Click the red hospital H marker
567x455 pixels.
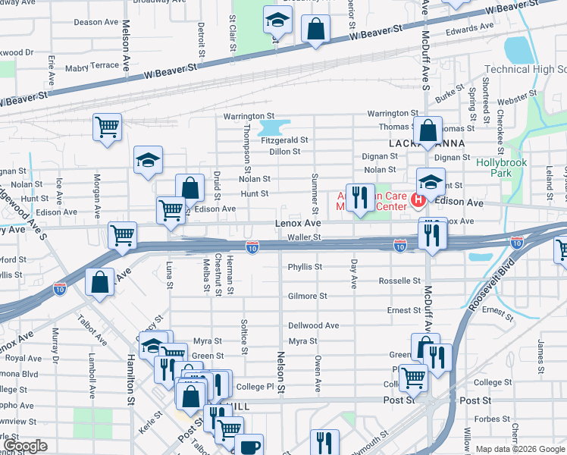[417, 200]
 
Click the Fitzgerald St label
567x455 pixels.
[284, 140]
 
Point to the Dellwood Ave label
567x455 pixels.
[313, 325]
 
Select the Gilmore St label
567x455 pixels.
[307, 296]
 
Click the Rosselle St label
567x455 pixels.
[399, 281]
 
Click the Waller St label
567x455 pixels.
[305, 237]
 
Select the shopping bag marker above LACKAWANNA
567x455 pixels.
[428, 130]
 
